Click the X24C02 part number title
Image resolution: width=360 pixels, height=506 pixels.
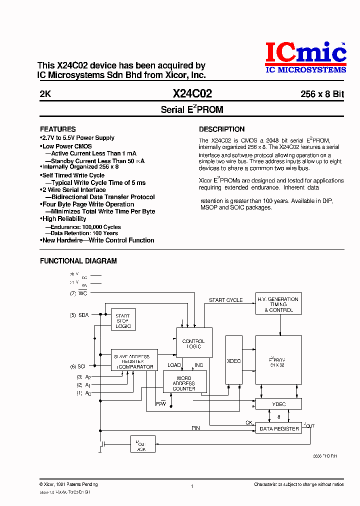192,93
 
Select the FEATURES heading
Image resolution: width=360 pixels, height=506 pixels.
57,129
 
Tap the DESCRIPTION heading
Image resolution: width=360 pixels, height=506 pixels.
221,129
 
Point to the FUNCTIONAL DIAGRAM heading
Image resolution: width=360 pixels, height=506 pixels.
78,260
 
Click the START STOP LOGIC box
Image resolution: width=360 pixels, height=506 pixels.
123,321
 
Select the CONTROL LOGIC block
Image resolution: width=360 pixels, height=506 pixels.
194,343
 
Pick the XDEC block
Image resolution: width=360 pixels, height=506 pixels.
233,360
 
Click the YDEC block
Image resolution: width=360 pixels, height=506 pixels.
278,403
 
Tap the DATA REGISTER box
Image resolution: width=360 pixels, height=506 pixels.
278,428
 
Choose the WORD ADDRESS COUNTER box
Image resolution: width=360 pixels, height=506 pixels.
184,383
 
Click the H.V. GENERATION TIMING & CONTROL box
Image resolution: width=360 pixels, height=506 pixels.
278,304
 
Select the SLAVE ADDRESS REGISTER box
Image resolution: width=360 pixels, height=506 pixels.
134,361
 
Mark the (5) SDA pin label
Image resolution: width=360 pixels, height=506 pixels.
79,315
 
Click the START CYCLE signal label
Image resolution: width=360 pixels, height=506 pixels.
225,300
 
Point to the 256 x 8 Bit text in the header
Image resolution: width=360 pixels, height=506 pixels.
322,94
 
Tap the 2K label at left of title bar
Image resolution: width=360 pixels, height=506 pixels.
45,94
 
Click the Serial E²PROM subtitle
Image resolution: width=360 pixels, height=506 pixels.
192,109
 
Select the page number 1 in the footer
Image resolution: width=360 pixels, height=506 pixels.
192,485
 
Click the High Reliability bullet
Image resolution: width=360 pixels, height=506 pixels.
64,219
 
